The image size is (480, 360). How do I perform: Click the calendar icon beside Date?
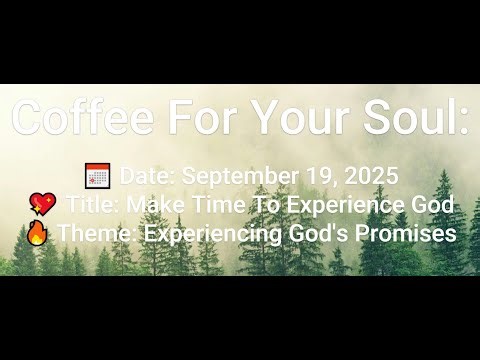tap(97, 176)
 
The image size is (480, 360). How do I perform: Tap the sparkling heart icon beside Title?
tap(43, 205)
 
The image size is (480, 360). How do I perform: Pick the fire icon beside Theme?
tap(36, 233)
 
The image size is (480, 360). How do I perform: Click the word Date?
tap(147, 176)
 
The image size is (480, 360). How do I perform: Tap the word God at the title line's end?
tap(433, 205)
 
